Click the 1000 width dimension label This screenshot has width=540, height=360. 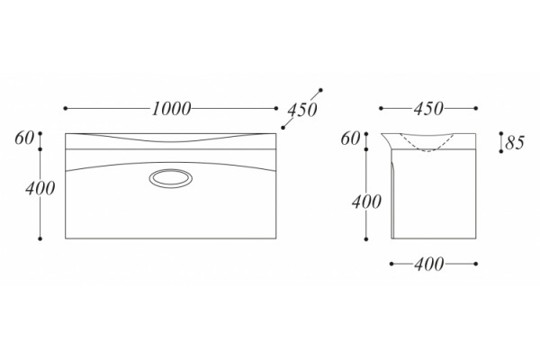pos(171,109)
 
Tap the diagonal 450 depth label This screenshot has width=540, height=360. pos(302,110)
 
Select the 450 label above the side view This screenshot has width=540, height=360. pos(428,109)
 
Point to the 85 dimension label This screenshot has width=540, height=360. pos(515,142)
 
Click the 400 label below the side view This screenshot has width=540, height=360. pos(428,265)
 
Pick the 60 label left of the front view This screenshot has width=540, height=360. pos(24,139)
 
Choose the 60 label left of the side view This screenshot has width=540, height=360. pos(350,139)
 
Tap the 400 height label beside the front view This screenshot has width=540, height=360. pos(40,188)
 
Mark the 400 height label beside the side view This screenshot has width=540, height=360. pos(366,202)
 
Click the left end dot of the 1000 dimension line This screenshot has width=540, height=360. pos(66,109)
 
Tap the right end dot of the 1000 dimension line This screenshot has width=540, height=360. pos(276,109)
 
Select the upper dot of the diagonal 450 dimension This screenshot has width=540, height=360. pos(320,90)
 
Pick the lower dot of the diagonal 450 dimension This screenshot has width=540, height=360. pos(283,128)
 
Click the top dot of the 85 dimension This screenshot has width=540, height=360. pos(501,133)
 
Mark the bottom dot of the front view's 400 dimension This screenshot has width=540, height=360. pos(40,238)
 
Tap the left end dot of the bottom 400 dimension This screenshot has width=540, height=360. pos(391,265)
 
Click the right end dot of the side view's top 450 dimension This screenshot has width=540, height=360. pos(475,109)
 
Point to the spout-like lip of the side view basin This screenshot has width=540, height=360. pos(386,139)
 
